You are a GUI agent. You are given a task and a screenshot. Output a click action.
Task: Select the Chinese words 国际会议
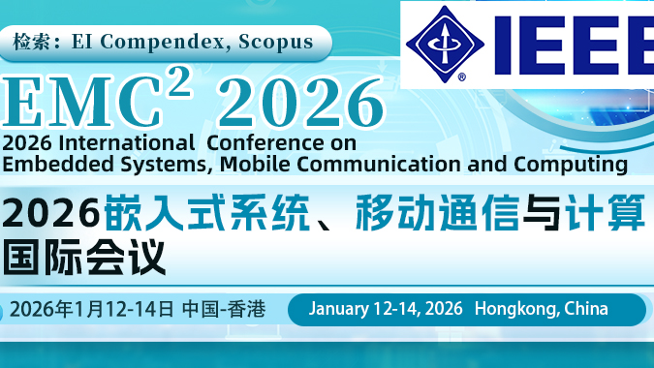coord(84,257)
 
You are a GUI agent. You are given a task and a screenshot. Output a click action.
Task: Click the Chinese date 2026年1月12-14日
coord(92,311)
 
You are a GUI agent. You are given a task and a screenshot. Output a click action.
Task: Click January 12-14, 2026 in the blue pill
coord(386,309)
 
